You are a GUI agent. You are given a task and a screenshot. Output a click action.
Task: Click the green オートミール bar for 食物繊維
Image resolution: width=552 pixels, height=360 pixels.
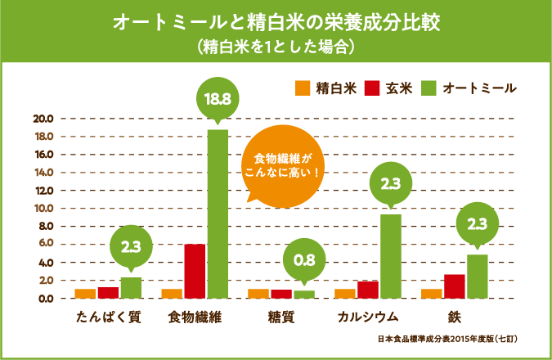tap(218, 214)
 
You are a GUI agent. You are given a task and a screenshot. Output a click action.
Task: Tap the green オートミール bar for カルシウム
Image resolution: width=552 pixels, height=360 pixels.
tap(390, 256)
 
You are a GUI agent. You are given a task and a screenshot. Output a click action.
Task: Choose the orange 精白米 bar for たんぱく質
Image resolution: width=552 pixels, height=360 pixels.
tap(85, 294)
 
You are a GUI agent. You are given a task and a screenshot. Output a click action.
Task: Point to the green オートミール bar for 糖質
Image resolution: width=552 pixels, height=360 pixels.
tap(303, 295)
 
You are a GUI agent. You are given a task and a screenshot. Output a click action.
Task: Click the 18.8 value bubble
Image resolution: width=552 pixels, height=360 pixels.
tap(218, 99)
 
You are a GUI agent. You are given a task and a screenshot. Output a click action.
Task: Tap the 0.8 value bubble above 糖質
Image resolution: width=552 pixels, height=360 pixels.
tap(303, 261)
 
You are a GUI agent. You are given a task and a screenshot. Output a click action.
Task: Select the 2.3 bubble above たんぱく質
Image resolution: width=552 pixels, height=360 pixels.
tap(131, 246)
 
